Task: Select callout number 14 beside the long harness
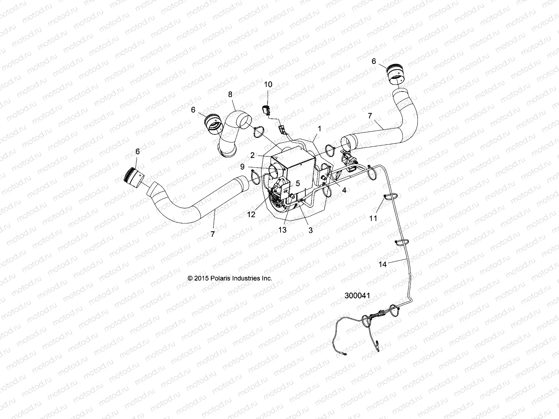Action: point(383,264)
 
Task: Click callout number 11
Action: point(373,218)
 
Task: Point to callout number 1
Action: point(319,129)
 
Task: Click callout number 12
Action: point(251,214)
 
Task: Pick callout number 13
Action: point(282,230)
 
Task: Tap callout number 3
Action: point(311,230)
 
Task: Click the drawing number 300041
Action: point(357,296)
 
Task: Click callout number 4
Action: point(344,191)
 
